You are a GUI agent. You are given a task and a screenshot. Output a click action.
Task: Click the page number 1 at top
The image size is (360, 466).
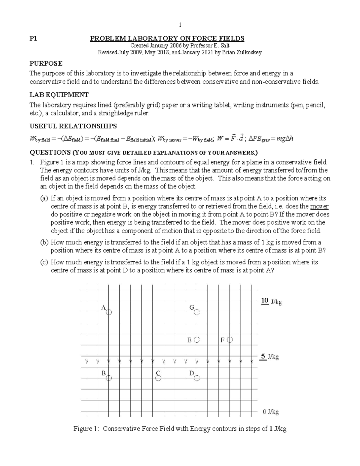click(x=180, y=25)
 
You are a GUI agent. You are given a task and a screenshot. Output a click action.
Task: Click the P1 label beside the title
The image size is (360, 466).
click(x=33, y=39)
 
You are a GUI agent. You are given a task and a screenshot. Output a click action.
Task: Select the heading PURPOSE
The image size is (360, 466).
click(x=46, y=63)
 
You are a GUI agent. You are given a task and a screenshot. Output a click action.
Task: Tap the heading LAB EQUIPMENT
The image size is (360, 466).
click(x=59, y=95)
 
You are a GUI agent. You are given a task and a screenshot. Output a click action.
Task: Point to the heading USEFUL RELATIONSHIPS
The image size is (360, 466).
click(x=73, y=126)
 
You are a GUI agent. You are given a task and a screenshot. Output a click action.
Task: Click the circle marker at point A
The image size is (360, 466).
click(x=109, y=312)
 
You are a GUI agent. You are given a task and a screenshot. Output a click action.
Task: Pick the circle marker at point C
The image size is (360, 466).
click(x=158, y=379)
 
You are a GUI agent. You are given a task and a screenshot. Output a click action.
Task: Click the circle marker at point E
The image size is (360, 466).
click(x=197, y=340)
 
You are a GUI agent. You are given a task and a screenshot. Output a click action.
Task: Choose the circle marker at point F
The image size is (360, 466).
click(x=230, y=340)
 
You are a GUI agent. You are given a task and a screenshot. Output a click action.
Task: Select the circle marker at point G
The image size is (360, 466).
click(x=197, y=312)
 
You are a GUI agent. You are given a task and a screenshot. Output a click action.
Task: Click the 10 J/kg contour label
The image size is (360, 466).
click(x=271, y=302)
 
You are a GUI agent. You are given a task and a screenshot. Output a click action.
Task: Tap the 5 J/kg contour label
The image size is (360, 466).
click(x=269, y=357)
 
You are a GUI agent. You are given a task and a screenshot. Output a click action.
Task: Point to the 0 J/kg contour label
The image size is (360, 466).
click(x=271, y=412)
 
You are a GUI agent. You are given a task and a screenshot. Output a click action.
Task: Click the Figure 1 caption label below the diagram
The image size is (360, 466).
click(x=86, y=428)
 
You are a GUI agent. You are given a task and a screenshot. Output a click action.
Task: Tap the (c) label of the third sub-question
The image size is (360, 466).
click(x=44, y=262)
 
